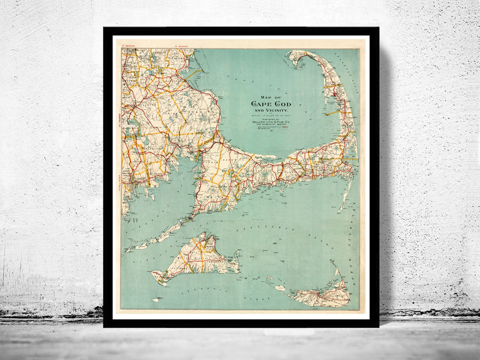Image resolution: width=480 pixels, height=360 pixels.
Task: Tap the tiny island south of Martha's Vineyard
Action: [x=157, y=299]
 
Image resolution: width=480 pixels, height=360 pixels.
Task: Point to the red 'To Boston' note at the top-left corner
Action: [x=130, y=45]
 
